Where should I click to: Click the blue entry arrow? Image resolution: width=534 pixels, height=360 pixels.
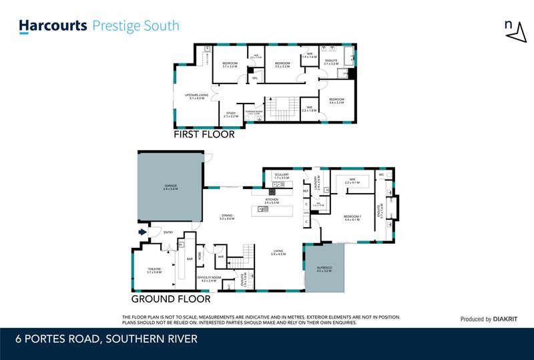(142, 232)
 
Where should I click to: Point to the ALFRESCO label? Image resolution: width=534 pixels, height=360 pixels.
(324, 268)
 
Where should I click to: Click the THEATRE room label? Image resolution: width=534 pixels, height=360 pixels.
(154, 270)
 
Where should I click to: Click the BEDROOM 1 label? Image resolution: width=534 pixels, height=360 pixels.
(352, 218)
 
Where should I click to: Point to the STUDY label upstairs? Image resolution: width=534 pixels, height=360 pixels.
(231, 114)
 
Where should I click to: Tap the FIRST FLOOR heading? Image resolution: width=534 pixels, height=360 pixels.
(204, 134)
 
